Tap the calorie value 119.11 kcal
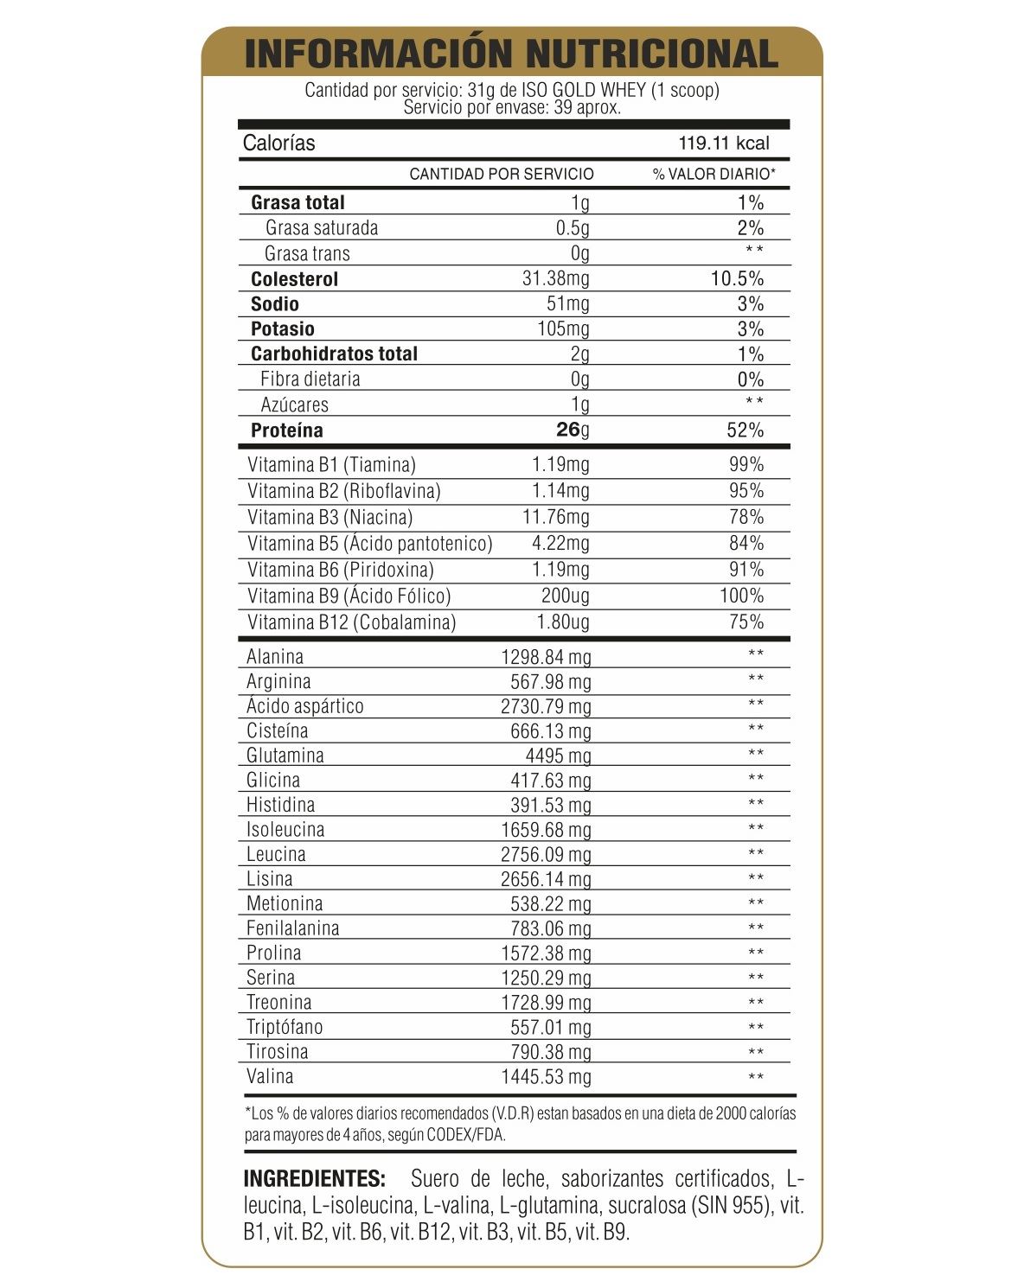pos(723,143)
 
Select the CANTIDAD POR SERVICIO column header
pos(502,174)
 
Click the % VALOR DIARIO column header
pos(714,174)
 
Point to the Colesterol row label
pos(294,279)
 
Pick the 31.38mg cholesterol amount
pos(556,278)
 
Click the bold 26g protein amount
pos(573,430)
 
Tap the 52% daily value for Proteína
pos(746,430)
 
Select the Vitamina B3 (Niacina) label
pos(330,517)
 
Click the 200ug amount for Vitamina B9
pos(565,596)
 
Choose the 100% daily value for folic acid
pos(741,596)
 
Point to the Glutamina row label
pos(285,756)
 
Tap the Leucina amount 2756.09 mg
pos(547,855)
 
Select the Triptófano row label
pos(285,1027)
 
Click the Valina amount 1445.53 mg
pos(547,1077)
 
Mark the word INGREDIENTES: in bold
pos(315,1179)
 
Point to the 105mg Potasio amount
pos(564,328)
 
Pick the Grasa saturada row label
pos(322,228)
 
